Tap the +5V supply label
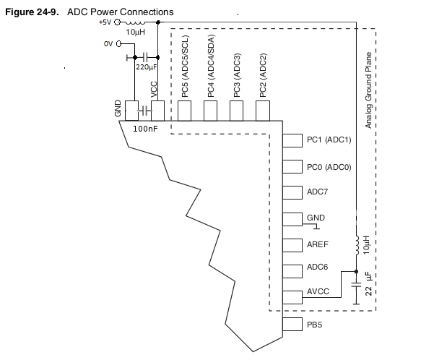[105, 22]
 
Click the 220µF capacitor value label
[147, 67]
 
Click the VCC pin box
[157, 111]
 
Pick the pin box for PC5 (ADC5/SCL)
[184, 111]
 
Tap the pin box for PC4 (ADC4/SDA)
[210, 111]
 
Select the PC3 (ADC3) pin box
[236, 111]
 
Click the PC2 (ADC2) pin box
[262, 111]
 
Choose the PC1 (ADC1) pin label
[329, 140]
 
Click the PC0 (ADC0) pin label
[329, 167]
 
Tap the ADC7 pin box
[292, 192]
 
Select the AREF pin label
[318, 244]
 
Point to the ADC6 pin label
[318, 267]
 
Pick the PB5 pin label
[314, 325]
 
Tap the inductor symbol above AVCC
[357, 245]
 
